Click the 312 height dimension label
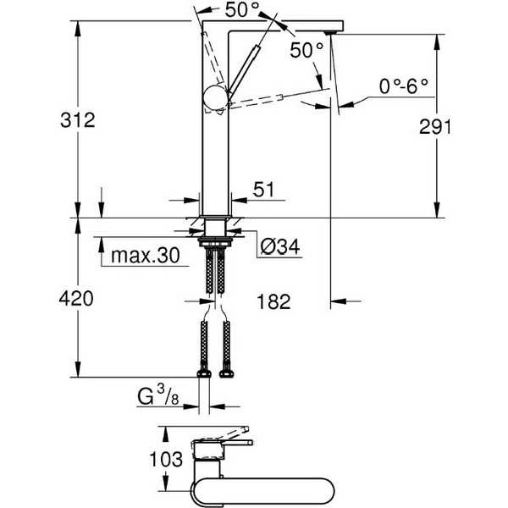point(78,120)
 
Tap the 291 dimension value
point(435,127)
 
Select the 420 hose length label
point(76,299)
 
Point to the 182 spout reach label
point(273,302)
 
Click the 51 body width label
point(263,190)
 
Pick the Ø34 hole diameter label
point(280,247)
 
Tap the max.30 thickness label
point(146,256)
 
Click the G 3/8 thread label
point(158,396)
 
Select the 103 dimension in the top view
point(166,459)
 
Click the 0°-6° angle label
point(404,86)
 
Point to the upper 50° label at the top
point(243,9)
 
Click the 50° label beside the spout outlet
point(306,50)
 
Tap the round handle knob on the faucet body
point(215,97)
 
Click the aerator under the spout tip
point(330,33)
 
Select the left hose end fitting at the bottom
point(204,374)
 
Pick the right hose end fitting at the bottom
point(226,374)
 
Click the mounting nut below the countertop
point(215,241)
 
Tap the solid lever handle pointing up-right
point(243,70)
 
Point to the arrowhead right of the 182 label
point(338,301)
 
